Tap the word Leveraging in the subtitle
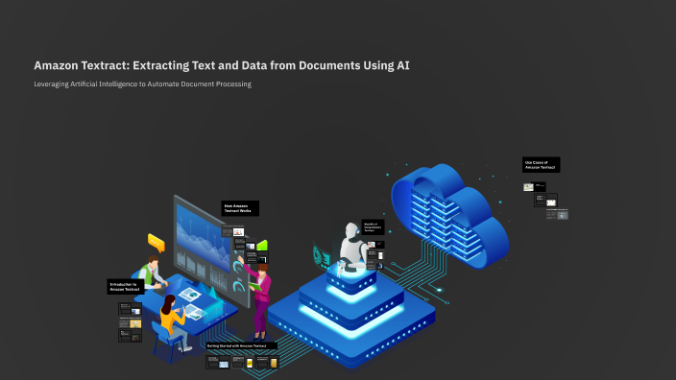tap(55, 84)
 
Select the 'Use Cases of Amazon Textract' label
tap(542, 165)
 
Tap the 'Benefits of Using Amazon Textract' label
tap(373, 227)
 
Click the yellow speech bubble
tap(157, 242)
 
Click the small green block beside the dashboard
tap(261, 246)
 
